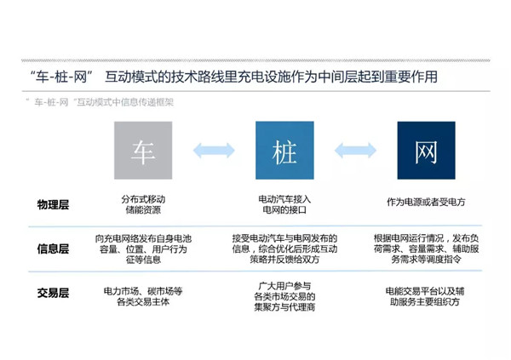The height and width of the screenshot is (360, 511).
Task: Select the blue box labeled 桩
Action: click(284, 150)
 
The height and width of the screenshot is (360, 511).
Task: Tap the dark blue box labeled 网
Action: click(426, 150)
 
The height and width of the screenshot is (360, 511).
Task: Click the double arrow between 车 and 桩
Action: click(214, 151)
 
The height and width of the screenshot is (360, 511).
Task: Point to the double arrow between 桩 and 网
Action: click(355, 151)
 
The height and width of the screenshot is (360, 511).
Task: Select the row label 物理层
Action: click(53, 205)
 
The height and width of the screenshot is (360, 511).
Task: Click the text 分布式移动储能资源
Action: click(143, 204)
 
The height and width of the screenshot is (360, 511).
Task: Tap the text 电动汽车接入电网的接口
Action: click(284, 204)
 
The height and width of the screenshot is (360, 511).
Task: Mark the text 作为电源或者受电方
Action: click(426, 202)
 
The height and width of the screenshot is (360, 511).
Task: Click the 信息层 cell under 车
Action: click(143, 250)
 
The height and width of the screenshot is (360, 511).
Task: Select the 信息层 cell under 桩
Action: click(284, 250)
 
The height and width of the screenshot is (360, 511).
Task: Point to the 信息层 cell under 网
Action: click(426, 250)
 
